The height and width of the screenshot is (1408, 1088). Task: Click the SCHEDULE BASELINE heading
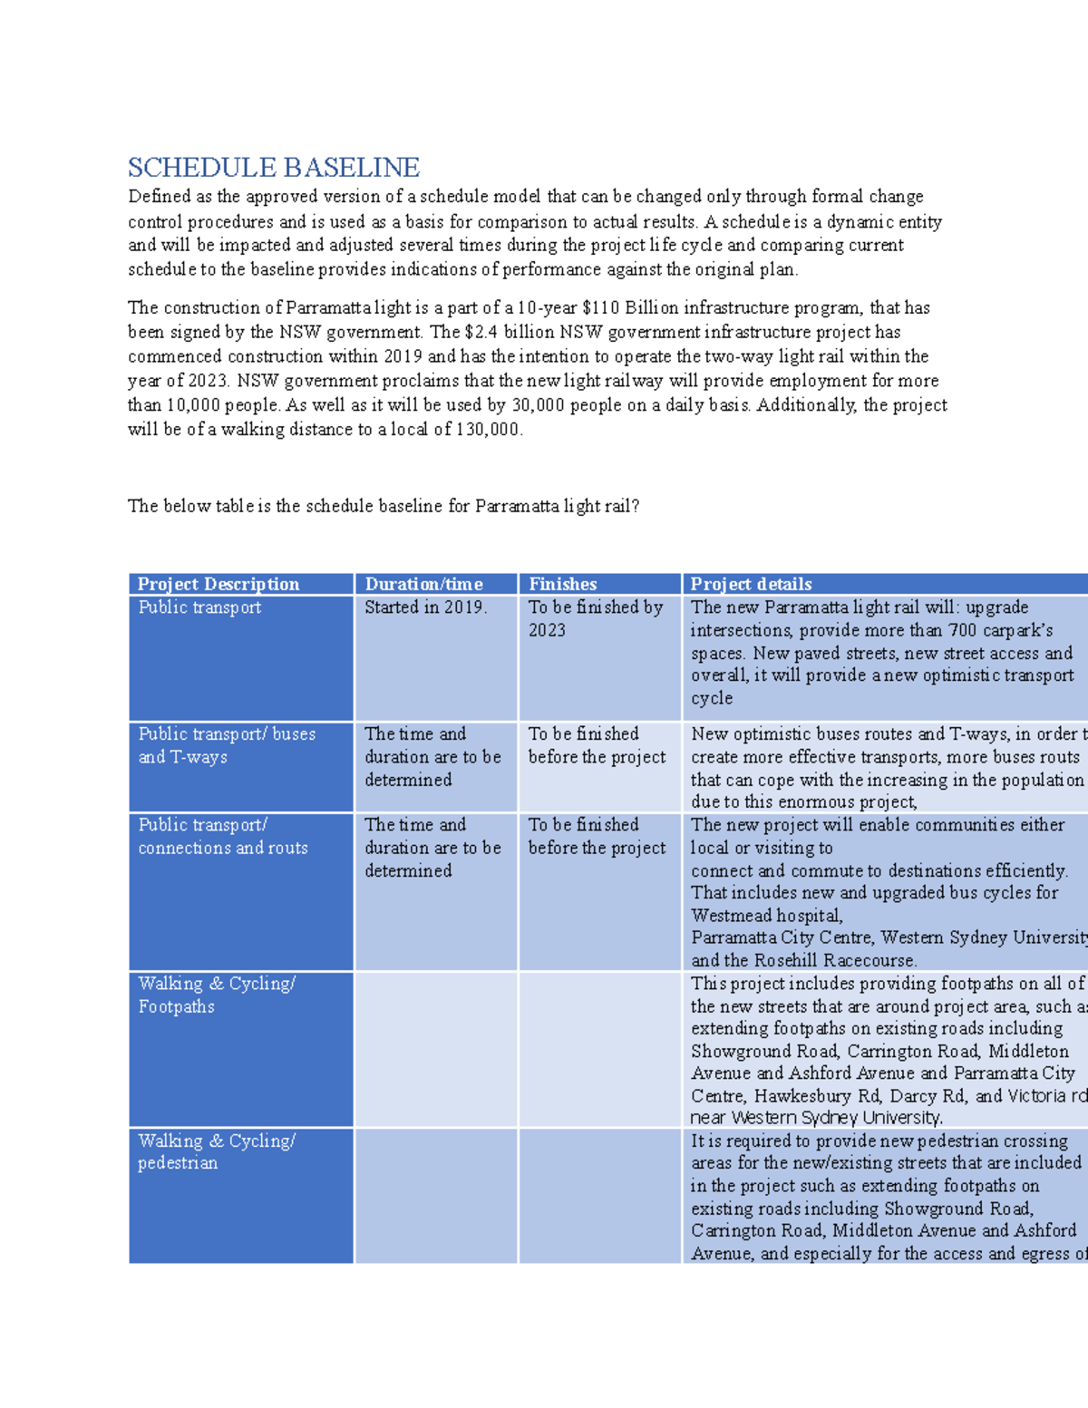pyautogui.click(x=273, y=168)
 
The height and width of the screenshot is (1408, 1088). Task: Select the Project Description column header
pyautogui.click(x=219, y=584)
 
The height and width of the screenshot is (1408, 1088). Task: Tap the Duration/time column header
pyautogui.click(x=423, y=584)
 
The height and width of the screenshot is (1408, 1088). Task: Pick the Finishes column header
pyautogui.click(x=563, y=584)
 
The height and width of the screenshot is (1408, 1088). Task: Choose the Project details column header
pyautogui.click(x=751, y=584)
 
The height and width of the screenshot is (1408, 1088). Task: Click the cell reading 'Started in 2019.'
pyautogui.click(x=426, y=607)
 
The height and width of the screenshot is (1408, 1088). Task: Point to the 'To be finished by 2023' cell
pyautogui.click(x=596, y=618)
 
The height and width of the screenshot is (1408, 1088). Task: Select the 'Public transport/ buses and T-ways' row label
pyautogui.click(x=227, y=745)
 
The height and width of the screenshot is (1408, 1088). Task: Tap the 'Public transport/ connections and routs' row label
pyautogui.click(x=223, y=836)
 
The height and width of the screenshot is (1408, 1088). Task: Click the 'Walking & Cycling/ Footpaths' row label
pyautogui.click(x=217, y=995)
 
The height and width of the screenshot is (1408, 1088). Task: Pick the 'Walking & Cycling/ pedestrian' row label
pyautogui.click(x=217, y=1151)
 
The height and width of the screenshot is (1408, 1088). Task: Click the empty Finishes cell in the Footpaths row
pyautogui.click(x=599, y=1049)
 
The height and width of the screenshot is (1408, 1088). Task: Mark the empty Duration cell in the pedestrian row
pyautogui.click(x=435, y=1195)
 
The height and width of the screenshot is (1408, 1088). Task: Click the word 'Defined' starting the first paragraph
pyautogui.click(x=159, y=197)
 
